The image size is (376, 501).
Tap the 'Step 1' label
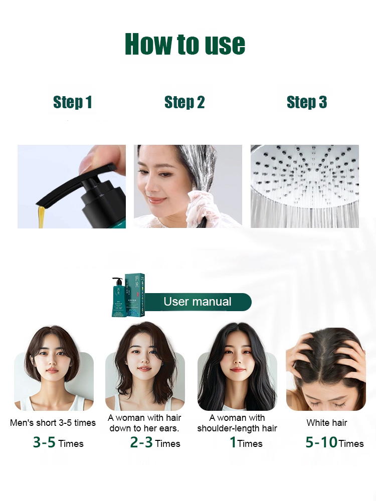coord(73,103)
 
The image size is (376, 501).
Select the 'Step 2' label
coord(184,103)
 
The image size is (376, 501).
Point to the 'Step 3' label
coord(306,103)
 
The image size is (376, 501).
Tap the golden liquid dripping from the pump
coord(41,215)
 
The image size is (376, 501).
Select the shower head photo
coord(304,186)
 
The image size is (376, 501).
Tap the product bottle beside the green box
coord(119,298)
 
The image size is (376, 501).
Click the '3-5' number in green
coord(44,443)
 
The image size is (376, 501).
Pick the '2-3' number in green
coord(141,443)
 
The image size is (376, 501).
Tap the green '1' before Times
coord(233,443)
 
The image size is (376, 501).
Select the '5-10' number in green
coord(321,443)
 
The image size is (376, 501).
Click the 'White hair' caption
coord(327,423)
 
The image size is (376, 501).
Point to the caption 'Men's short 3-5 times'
coord(53,423)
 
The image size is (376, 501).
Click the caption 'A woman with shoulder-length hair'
coord(237,423)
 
